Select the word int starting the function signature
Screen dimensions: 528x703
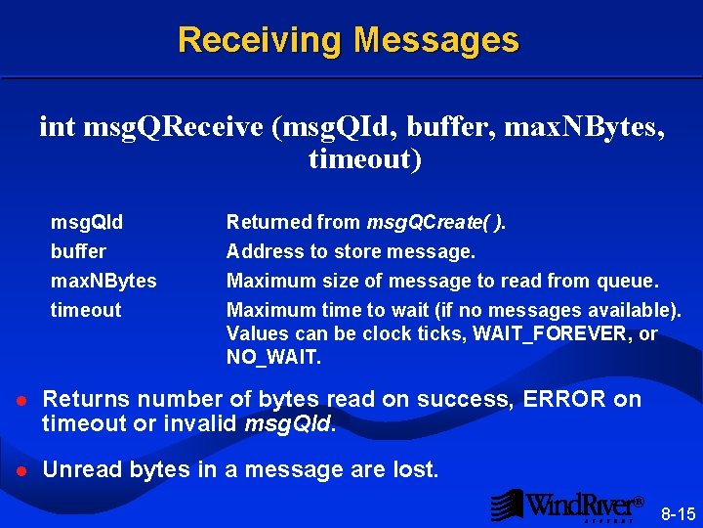(x=58, y=126)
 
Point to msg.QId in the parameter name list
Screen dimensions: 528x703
(x=87, y=223)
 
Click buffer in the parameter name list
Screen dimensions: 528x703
(x=78, y=252)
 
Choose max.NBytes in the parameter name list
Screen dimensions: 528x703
(x=103, y=282)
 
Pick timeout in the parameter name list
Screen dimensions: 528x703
(x=86, y=311)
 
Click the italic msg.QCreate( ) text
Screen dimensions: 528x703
(x=435, y=223)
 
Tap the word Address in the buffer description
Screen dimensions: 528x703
(x=265, y=252)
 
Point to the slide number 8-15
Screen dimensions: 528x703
(x=678, y=513)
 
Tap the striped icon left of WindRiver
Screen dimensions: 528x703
(x=506, y=505)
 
